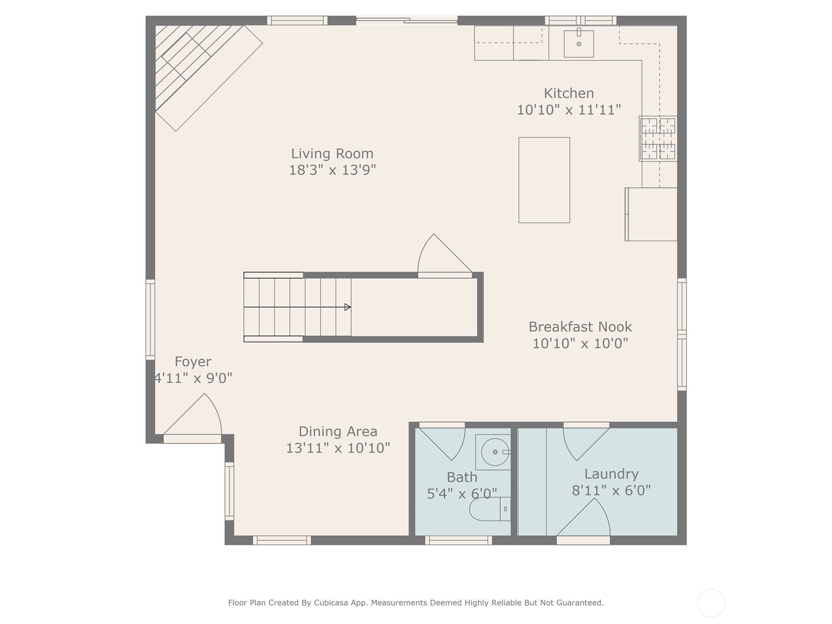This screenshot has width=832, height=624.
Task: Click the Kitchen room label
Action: [x=568, y=93]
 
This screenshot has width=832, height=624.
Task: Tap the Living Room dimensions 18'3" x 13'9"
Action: [x=332, y=170]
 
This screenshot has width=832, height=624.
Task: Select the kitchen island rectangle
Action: [x=544, y=180]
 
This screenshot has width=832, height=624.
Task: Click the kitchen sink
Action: [x=579, y=44]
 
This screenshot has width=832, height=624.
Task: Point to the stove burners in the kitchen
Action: [x=658, y=138]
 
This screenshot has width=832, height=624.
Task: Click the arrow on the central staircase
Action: [x=347, y=307]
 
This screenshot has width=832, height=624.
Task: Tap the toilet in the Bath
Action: [x=489, y=509]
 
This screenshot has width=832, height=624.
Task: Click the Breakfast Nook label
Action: [x=580, y=327]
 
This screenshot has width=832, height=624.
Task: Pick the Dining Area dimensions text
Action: [x=338, y=448]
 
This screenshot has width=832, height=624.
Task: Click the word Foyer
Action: [x=193, y=361]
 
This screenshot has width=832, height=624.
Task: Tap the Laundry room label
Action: [x=611, y=474]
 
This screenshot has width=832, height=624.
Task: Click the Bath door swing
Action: [x=445, y=442]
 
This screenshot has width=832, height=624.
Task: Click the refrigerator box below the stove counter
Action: [x=652, y=214]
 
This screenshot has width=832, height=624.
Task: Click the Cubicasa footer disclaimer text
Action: [x=415, y=603]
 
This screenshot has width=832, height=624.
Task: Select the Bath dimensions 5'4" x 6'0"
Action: [x=462, y=493]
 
